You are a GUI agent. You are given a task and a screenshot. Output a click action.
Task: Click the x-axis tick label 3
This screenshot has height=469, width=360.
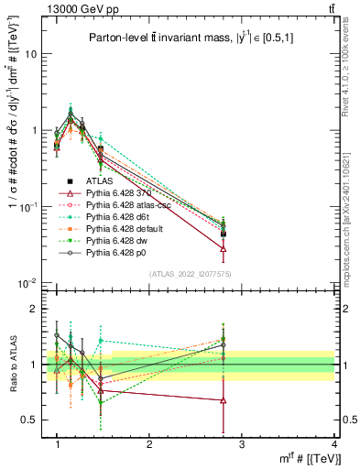(x=241, y=444)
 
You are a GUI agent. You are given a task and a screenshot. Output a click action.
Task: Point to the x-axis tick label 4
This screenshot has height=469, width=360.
(x=333, y=444)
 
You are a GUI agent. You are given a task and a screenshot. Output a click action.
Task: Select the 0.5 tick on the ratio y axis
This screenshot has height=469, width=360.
(x=33, y=420)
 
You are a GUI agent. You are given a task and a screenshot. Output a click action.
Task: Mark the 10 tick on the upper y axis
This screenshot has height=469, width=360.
(x=31, y=53)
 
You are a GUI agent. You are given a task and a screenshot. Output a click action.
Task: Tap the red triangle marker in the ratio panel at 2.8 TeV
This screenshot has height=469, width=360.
(x=223, y=400)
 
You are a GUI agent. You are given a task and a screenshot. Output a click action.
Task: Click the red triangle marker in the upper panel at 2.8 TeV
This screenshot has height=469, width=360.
(x=223, y=248)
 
